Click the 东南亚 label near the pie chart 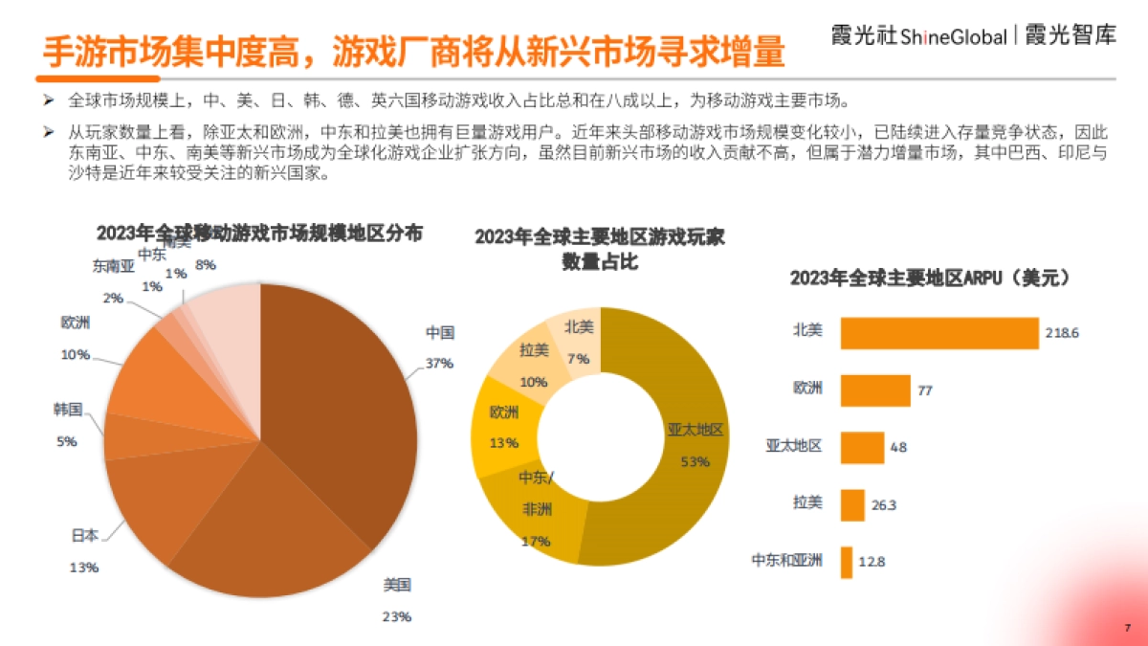(113, 266)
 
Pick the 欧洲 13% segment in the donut (502, 431)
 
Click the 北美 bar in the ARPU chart (938, 333)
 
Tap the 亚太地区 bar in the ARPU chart (861, 447)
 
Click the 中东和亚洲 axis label (787, 562)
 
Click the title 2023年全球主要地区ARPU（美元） (929, 278)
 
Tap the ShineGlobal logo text (953, 37)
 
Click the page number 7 (1127, 627)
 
